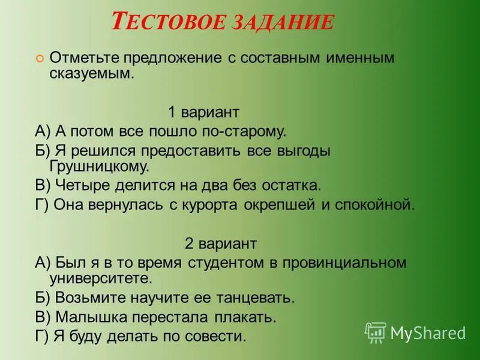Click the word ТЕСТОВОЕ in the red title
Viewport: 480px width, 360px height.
point(163,23)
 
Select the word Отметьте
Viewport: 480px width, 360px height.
point(85,58)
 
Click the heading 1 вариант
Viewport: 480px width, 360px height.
point(203,112)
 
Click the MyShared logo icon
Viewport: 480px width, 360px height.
point(376,332)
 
